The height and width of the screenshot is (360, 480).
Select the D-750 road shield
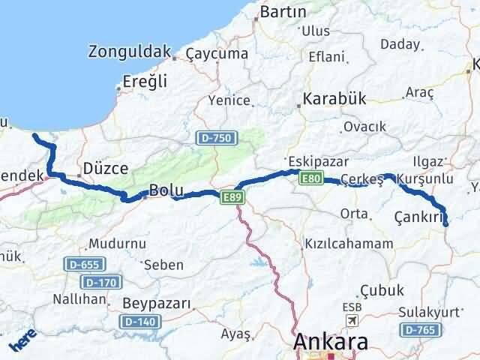point(217,138)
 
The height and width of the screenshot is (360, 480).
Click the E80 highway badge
point(311,178)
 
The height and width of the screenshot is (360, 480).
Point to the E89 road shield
point(232,196)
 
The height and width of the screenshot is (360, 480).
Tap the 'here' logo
point(22,343)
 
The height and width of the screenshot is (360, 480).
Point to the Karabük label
point(333,99)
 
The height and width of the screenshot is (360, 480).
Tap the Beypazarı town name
point(155,304)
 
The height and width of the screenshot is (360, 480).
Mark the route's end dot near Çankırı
point(446,223)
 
